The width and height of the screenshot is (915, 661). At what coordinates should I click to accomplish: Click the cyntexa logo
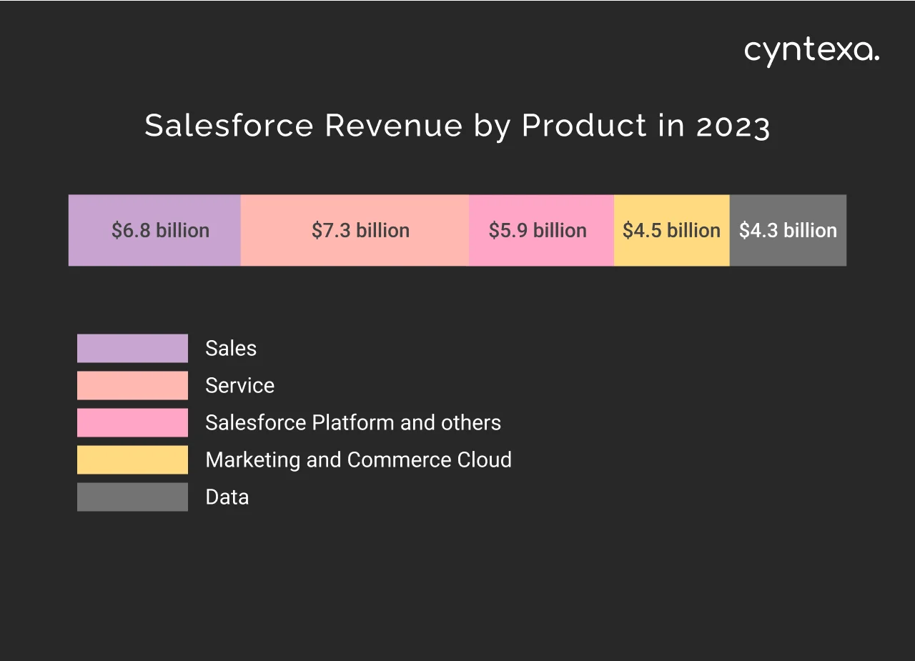point(811,51)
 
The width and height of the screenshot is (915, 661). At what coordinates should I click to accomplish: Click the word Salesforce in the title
point(229,126)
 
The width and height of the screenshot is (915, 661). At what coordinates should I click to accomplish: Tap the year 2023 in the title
point(733,126)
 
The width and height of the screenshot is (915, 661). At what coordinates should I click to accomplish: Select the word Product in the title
point(584,126)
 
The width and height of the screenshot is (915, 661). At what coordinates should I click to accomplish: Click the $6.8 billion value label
point(160,231)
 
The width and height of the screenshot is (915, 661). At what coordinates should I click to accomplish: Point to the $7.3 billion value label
point(360,231)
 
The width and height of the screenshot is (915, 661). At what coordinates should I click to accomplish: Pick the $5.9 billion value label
point(538,231)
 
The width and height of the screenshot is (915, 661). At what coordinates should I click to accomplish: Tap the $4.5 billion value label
point(671,231)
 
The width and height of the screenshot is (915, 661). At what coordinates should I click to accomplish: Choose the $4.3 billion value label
point(788,231)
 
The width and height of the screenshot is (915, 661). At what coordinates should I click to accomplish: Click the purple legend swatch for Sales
point(132,348)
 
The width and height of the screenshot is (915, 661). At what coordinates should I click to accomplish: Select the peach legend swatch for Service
point(132,385)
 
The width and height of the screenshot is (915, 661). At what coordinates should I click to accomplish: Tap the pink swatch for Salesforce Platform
point(132,422)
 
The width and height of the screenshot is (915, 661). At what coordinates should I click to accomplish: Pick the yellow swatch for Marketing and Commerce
point(132,459)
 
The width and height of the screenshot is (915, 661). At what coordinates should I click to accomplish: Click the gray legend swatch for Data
point(132,497)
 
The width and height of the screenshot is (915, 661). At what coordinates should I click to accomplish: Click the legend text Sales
point(230,348)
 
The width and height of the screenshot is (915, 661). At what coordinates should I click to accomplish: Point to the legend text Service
point(239,386)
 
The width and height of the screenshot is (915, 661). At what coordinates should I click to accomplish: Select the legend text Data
point(227,497)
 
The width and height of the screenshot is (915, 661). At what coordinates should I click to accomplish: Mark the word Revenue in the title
point(394,126)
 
